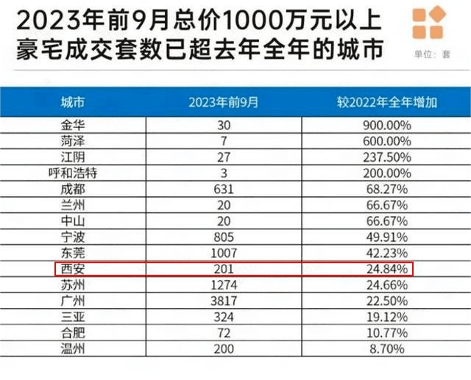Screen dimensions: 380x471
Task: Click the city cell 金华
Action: [71, 126]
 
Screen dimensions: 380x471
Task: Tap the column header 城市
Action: [71, 102]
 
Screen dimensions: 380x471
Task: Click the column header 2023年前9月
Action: [224, 102]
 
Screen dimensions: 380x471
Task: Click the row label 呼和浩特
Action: [71, 173]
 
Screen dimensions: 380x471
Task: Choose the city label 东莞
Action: [71, 252]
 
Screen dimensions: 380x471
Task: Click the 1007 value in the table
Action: [224, 252]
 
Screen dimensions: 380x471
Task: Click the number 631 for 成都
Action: [224, 189]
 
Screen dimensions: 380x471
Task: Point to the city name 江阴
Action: [71, 157]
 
